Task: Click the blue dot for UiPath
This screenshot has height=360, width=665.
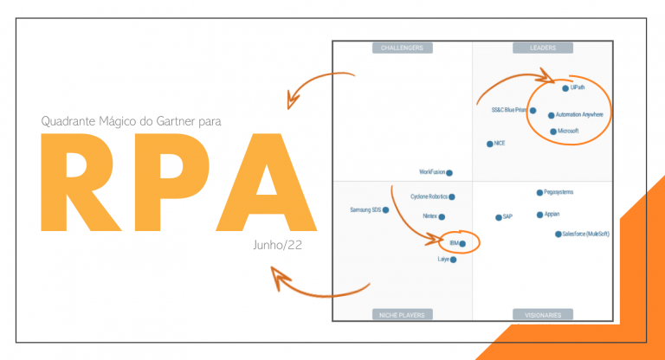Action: point(565,88)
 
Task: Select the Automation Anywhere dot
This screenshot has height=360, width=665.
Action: point(552,115)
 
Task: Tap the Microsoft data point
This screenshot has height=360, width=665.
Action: point(553,132)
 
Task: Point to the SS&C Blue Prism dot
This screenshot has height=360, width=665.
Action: point(533,111)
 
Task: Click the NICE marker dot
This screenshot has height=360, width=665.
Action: point(490,144)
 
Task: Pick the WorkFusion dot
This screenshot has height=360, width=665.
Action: point(449,173)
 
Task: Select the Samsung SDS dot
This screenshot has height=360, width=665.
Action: point(385,209)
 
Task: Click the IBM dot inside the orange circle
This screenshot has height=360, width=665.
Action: point(462,244)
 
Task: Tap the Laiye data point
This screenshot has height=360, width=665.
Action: point(453,259)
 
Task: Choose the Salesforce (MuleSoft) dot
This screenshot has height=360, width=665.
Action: point(558,234)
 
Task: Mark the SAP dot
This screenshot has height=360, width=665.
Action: point(498,217)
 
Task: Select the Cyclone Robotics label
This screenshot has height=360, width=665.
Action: point(428,197)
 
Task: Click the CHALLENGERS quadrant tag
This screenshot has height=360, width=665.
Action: point(402,48)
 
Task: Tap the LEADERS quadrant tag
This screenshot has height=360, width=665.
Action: point(543,48)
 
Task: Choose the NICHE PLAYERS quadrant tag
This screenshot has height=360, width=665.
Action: point(402,315)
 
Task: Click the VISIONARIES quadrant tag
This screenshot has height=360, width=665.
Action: point(543,315)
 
